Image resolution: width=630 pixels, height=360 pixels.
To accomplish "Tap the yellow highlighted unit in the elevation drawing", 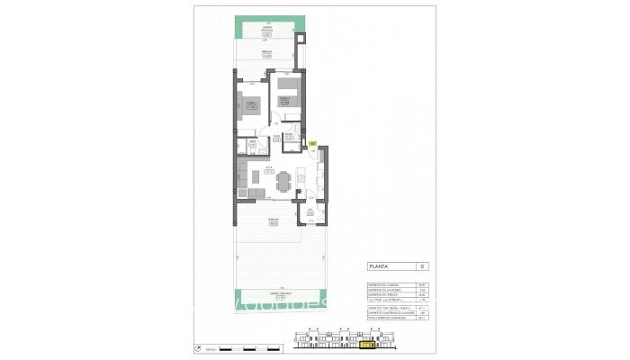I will [366, 342].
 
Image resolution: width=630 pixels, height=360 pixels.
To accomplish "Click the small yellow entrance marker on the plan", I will [312, 142].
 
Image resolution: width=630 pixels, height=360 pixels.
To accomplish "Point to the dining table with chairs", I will [285, 181].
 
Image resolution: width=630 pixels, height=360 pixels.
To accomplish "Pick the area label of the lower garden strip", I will [268, 295].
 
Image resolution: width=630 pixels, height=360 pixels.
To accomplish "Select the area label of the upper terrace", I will [267, 55].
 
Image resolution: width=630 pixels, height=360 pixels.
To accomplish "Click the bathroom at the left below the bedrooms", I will [251, 143].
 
